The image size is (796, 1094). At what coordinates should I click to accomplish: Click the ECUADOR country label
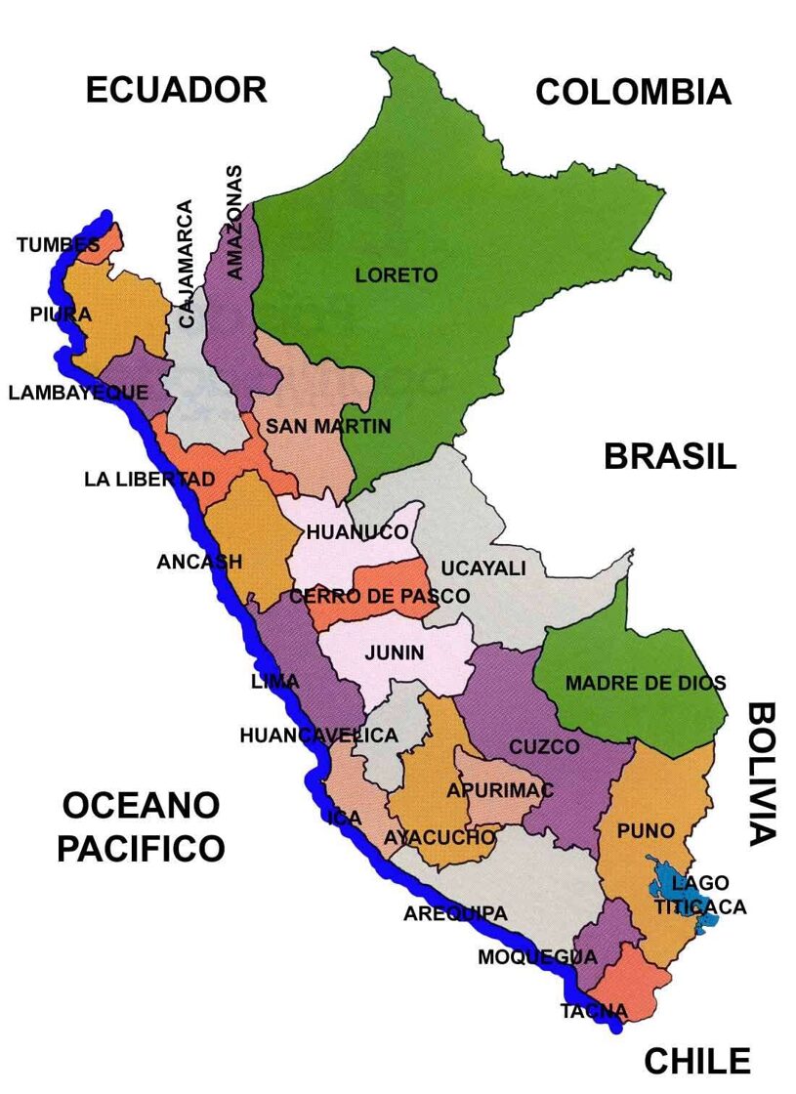tap(176, 89)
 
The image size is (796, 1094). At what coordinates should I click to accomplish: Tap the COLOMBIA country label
tap(633, 92)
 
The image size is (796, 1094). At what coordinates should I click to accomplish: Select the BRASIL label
tap(669, 456)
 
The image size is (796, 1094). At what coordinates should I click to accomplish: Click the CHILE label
tap(697, 1060)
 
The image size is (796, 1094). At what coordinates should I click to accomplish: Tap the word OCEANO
tap(141, 806)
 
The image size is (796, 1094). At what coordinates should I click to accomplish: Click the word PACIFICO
tap(141, 849)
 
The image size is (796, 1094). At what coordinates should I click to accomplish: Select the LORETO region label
tap(396, 275)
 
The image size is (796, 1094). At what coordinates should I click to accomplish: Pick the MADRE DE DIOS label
tap(645, 684)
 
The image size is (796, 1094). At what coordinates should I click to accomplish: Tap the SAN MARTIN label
tap(328, 426)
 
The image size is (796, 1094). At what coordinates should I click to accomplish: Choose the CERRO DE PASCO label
tap(379, 595)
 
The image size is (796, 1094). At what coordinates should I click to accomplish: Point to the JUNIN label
tap(395, 653)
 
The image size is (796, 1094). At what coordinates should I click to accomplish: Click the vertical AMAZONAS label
tap(234, 222)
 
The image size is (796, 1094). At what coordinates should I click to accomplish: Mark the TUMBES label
tap(57, 245)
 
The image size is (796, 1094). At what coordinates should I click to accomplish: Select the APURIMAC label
tap(499, 790)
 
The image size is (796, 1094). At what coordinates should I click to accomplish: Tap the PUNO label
tap(646, 831)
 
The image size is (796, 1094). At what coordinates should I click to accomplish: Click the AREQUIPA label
tap(455, 914)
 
